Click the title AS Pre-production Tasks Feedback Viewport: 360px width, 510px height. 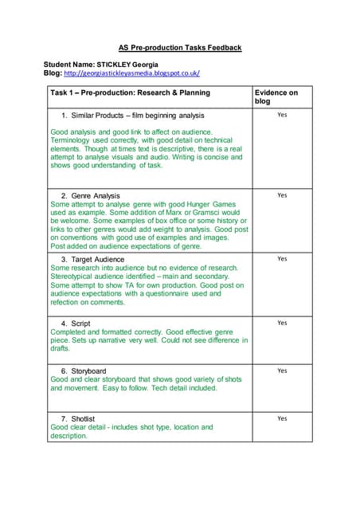tap(180, 48)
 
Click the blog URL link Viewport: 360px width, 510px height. tap(131, 73)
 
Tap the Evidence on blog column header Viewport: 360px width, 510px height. tap(276, 97)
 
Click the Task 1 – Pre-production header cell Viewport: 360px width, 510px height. tap(131, 93)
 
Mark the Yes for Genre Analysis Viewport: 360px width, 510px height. tap(281, 195)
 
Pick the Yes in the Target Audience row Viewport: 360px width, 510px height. tap(281, 259)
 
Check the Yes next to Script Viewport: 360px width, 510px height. tap(281, 323)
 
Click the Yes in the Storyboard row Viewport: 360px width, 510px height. tap(281, 371)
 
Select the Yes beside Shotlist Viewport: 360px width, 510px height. tap(281, 418)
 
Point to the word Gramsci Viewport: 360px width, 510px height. tap(199, 214)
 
